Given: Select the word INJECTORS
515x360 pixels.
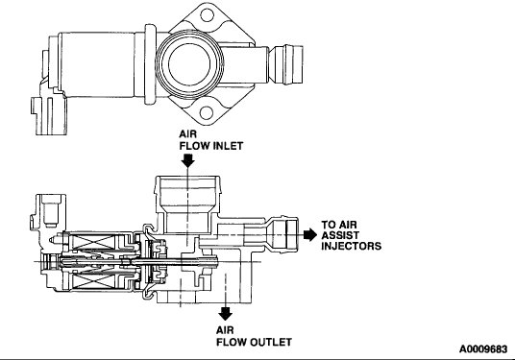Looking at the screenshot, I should pos(353,247).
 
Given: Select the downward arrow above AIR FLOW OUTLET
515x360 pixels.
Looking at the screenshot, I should pos(226,313).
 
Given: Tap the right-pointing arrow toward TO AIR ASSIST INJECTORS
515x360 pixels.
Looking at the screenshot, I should pos(309,232).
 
